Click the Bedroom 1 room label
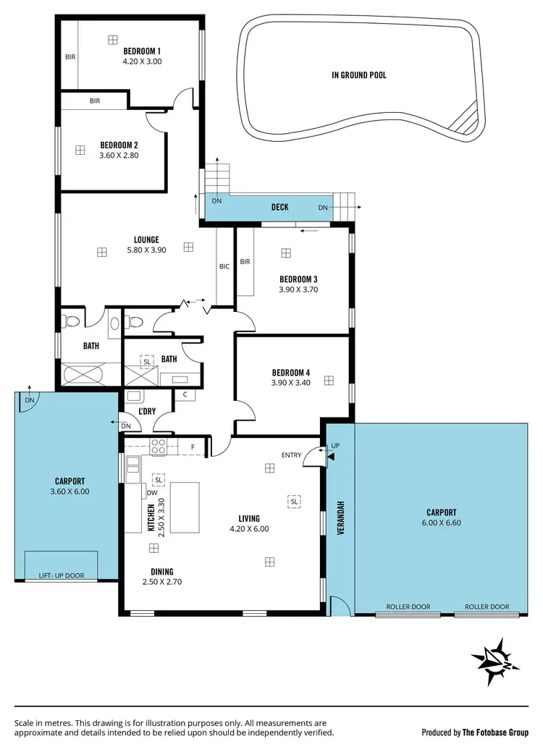[141, 51]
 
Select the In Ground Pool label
[358, 75]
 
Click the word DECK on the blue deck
[279, 207]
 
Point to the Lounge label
[146, 240]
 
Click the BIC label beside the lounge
[224, 266]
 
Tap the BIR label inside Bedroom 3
[245, 262]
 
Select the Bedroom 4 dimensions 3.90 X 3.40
[290, 383]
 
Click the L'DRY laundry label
[148, 412]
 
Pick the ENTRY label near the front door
[292, 455]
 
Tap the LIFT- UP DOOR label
[60, 576]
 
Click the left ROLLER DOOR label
[408, 607]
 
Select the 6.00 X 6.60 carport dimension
[441, 523]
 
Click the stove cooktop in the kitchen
[159, 447]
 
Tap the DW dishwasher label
[152, 493]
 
